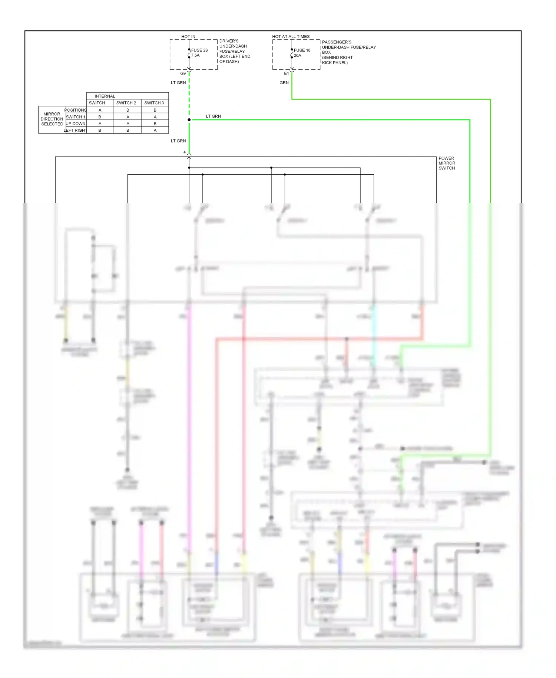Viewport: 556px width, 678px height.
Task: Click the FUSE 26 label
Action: pyautogui.click(x=199, y=50)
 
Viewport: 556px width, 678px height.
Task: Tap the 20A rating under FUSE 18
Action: pyautogui.click(x=297, y=56)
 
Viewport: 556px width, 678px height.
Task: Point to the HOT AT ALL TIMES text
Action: pyautogui.click(x=291, y=36)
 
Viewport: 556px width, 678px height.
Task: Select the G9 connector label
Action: pyautogui.click(x=183, y=73)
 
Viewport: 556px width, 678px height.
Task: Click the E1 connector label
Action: pyautogui.click(x=287, y=73)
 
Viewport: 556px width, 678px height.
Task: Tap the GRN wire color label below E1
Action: pyautogui.click(x=284, y=83)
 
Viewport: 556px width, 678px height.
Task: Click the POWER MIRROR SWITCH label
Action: pyautogui.click(x=447, y=163)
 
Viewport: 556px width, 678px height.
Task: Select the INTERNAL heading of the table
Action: pyautogui.click(x=105, y=96)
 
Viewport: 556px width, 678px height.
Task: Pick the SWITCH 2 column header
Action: pyautogui.click(x=126, y=103)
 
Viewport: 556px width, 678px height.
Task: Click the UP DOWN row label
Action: pyautogui.click(x=76, y=124)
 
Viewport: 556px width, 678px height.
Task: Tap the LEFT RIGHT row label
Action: pyautogui.click(x=76, y=130)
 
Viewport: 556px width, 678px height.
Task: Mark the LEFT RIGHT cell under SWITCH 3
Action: pyautogui.click(x=155, y=130)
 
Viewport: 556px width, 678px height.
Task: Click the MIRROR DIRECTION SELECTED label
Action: pyautogui.click(x=52, y=119)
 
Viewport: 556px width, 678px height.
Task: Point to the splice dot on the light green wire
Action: pyautogui.click(x=189, y=120)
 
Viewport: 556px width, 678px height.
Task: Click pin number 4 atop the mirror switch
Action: pyautogui.click(x=185, y=152)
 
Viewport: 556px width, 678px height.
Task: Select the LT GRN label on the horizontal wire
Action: pyautogui.click(x=213, y=116)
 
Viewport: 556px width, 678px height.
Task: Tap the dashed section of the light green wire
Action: pyautogui.click(x=189, y=96)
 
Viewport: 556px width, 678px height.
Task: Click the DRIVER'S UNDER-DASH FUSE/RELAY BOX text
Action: pyautogui.click(x=234, y=51)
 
